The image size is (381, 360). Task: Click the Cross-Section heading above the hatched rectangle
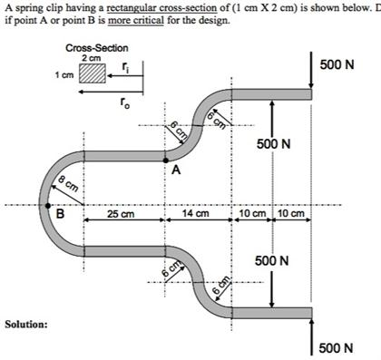tap(97, 47)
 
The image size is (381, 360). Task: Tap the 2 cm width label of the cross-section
tap(92, 58)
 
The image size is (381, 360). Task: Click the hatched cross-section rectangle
tap(92, 73)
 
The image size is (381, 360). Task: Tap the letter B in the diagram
tap(60, 216)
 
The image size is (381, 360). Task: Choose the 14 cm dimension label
tap(195, 215)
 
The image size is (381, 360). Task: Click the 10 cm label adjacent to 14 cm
tap(249, 215)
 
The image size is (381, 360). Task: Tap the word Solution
tap(25, 324)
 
